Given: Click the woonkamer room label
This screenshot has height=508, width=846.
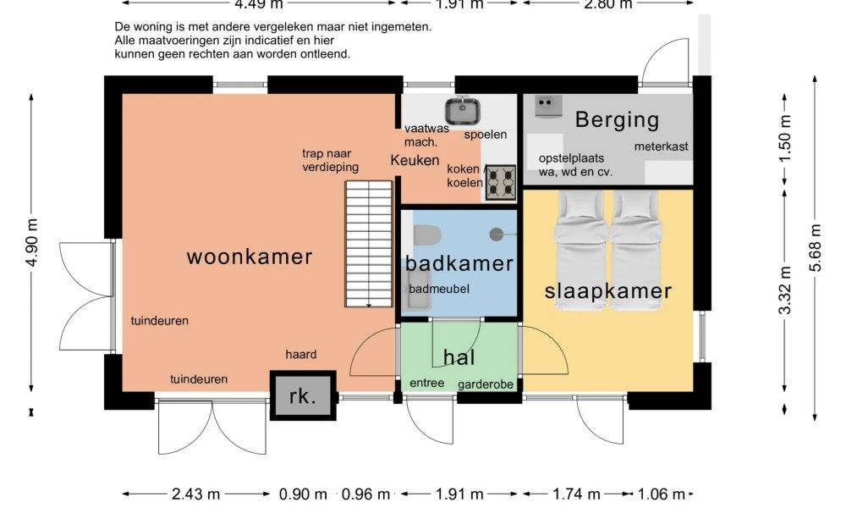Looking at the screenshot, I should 250,257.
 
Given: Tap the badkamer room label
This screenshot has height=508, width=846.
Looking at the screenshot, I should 459,263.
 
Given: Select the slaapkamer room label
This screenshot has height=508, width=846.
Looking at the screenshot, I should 607,291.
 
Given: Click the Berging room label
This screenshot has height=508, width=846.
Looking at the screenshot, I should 617,120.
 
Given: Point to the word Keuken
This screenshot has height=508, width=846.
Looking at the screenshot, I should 415,160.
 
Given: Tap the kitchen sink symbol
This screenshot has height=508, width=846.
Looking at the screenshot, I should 463,111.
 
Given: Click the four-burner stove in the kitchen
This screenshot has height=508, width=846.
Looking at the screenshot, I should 499,181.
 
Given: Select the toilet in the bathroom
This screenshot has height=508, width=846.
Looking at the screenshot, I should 426,233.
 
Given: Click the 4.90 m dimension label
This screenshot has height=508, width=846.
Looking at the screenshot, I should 33,243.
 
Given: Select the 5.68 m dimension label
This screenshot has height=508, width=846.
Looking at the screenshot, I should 816,248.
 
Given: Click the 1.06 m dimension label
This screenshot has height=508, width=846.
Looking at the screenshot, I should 663,494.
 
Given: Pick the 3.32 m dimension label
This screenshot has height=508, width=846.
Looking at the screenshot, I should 785,290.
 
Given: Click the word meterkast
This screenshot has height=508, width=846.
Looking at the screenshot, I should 662,146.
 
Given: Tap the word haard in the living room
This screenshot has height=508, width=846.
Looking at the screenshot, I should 300,355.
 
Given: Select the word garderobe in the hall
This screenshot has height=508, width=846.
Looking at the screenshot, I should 486,384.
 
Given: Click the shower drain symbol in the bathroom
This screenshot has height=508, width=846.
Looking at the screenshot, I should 497,233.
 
